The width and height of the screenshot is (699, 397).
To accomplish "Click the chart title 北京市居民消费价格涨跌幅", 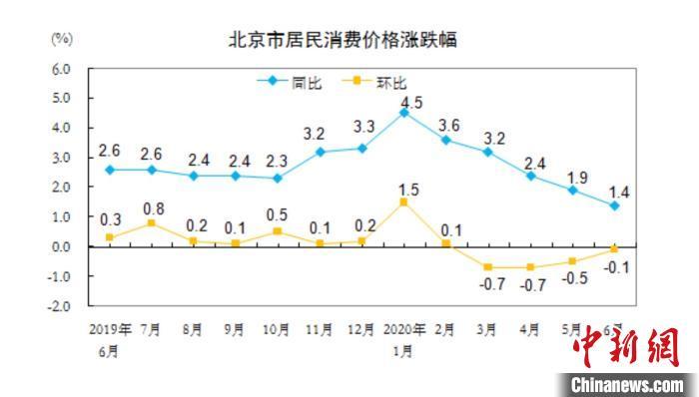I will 349,40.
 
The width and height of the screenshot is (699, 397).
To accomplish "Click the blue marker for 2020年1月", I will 403,113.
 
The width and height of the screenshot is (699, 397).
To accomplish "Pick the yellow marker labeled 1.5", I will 403,201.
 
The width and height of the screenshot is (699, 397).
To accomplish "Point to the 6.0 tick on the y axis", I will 61,69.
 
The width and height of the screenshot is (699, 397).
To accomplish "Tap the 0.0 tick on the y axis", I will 61,246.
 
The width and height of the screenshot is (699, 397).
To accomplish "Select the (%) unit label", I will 62,39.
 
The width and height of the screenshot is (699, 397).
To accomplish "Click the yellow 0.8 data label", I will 153,208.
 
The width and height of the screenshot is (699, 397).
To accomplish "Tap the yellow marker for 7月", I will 150,222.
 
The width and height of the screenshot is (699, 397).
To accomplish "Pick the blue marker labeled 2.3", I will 277,178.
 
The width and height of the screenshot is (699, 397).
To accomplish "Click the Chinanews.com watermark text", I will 629,383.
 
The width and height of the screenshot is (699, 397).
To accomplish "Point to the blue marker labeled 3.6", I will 446,140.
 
